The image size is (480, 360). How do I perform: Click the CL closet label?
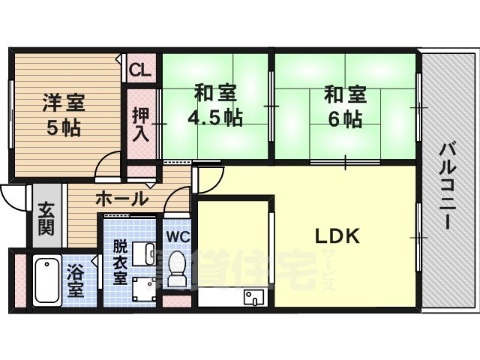[x=139, y=70]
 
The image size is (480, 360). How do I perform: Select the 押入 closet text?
[x=140, y=124]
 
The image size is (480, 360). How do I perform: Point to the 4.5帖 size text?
[x=215, y=118]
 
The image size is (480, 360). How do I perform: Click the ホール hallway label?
[x=121, y=199]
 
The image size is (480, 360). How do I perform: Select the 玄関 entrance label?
[x=46, y=219]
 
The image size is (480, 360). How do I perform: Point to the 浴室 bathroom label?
[x=75, y=278]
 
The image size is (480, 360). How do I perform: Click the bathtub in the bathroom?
[x=46, y=279]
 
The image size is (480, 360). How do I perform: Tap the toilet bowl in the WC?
[x=178, y=268]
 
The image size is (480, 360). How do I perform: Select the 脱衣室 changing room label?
[x=120, y=261]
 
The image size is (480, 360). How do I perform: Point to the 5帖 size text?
[x=64, y=127]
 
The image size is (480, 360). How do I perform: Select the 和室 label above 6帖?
[x=345, y=95]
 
